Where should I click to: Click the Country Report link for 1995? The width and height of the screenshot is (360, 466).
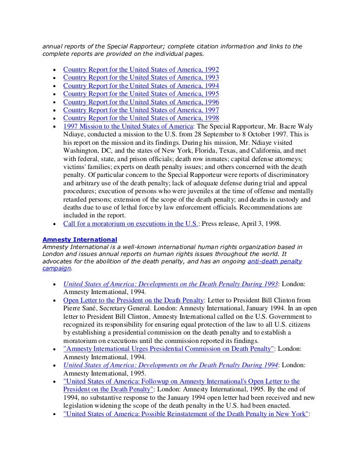pyautogui.click(x=141, y=93)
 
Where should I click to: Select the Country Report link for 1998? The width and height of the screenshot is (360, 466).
pyautogui.click(x=141, y=118)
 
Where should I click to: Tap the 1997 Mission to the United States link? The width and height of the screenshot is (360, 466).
pyautogui.click(x=128, y=126)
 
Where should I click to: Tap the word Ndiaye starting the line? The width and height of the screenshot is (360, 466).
pyautogui.click(x=75, y=134)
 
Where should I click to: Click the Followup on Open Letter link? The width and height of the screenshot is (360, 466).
pyautogui.click(x=181, y=381)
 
